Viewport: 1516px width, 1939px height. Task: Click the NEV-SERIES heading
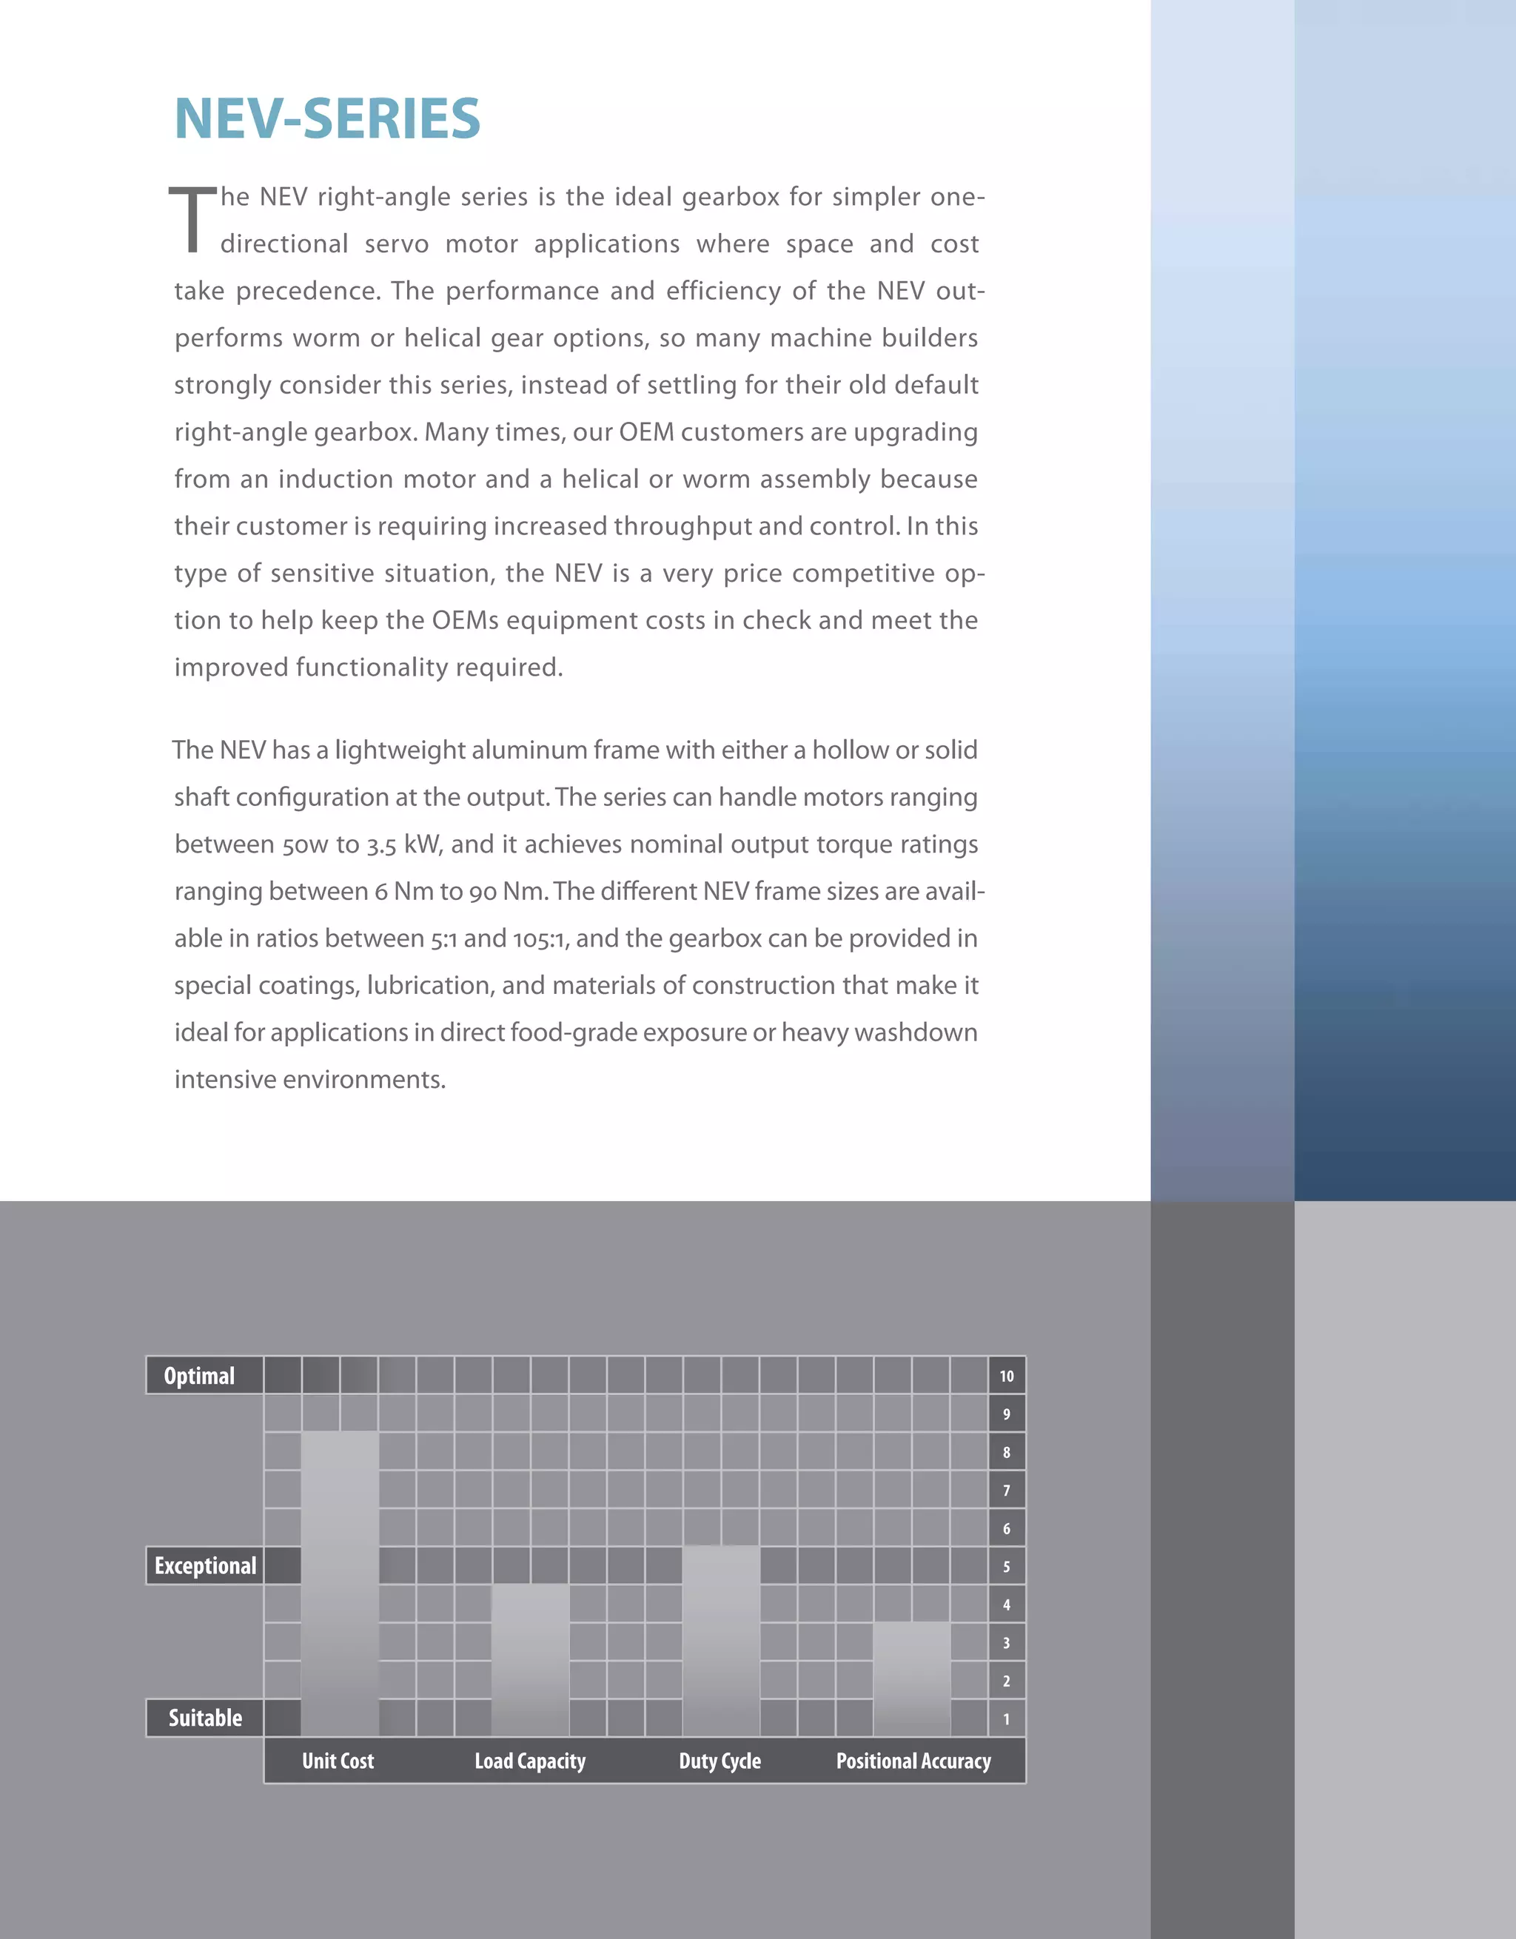(327, 119)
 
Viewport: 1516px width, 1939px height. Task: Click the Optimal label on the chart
(200, 1375)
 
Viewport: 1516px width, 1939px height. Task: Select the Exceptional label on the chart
(205, 1565)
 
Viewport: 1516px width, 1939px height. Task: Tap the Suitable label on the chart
(205, 1718)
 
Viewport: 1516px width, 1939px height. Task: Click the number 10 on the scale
(1006, 1376)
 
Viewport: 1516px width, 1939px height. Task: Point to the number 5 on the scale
(1006, 1566)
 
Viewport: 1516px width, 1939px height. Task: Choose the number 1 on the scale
(1006, 1718)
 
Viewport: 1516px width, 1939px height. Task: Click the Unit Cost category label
(338, 1761)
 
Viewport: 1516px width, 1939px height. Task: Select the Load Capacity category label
(530, 1761)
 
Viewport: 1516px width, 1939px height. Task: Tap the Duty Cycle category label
(720, 1761)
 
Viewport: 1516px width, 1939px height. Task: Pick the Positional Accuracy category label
(913, 1761)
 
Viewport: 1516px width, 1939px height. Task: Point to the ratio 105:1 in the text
(539, 938)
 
